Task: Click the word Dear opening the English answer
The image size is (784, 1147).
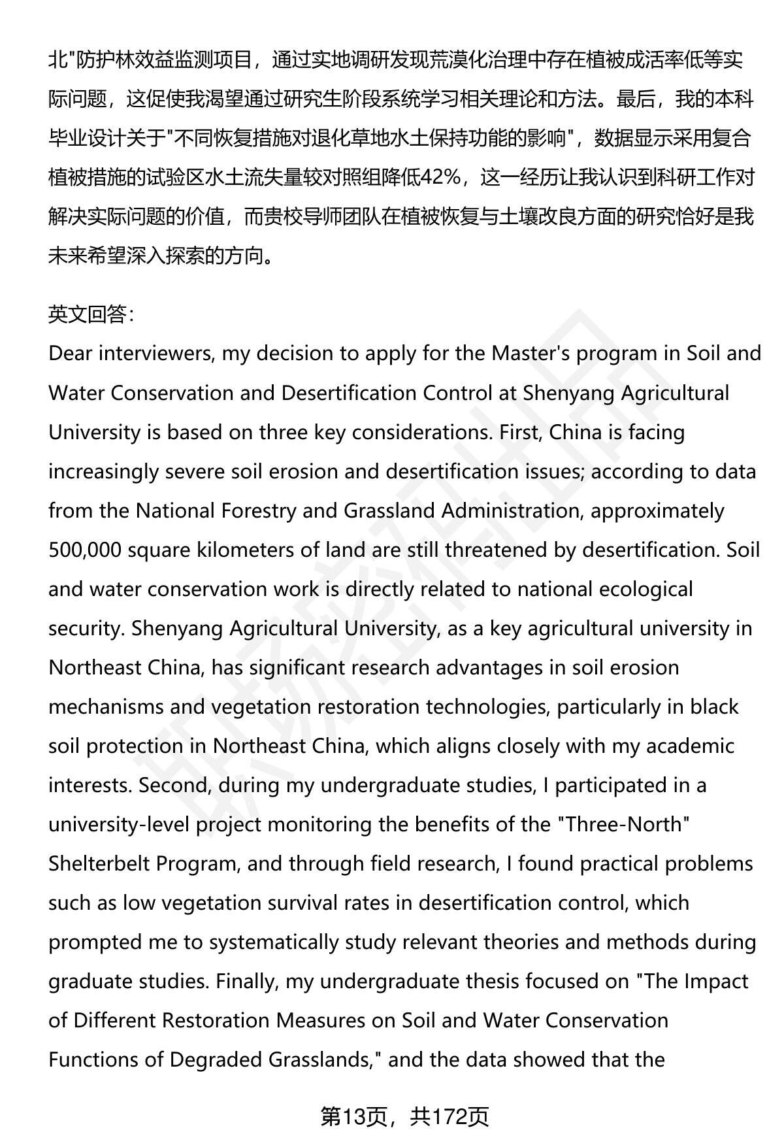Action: coord(71,354)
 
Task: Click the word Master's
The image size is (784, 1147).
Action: coord(540,354)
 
